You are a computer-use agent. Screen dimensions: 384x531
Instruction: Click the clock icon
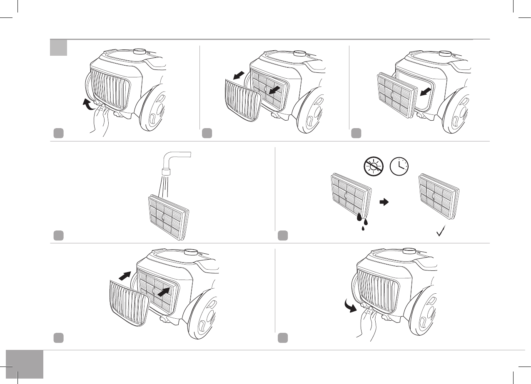[399, 168]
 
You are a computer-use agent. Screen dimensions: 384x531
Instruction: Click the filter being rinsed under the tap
[168, 216]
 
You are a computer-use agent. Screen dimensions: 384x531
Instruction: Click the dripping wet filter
[350, 196]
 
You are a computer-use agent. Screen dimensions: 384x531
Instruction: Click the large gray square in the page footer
[25, 364]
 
